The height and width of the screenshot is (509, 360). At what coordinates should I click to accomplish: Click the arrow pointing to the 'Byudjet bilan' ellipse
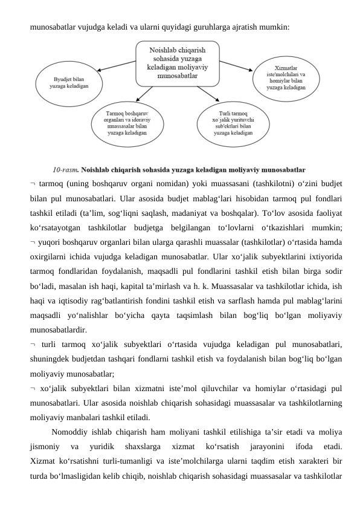[117, 71]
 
